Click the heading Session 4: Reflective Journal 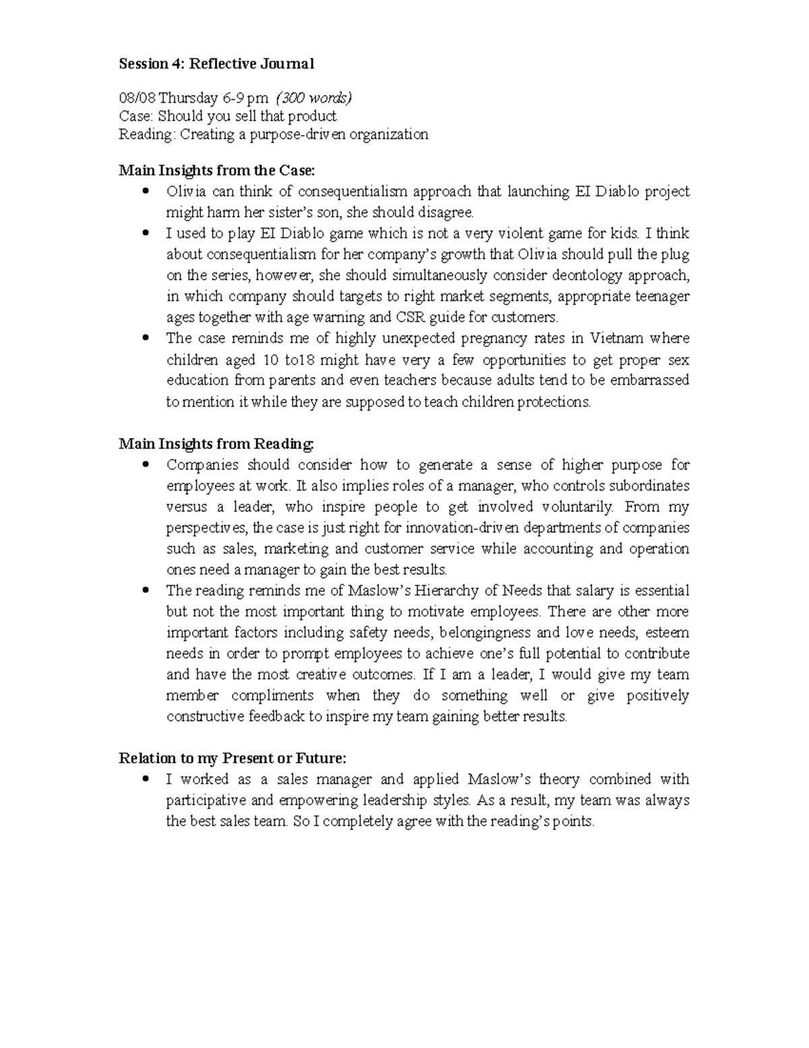(216, 64)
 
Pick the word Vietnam (617, 338)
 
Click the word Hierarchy (454, 590)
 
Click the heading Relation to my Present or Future (233, 758)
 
